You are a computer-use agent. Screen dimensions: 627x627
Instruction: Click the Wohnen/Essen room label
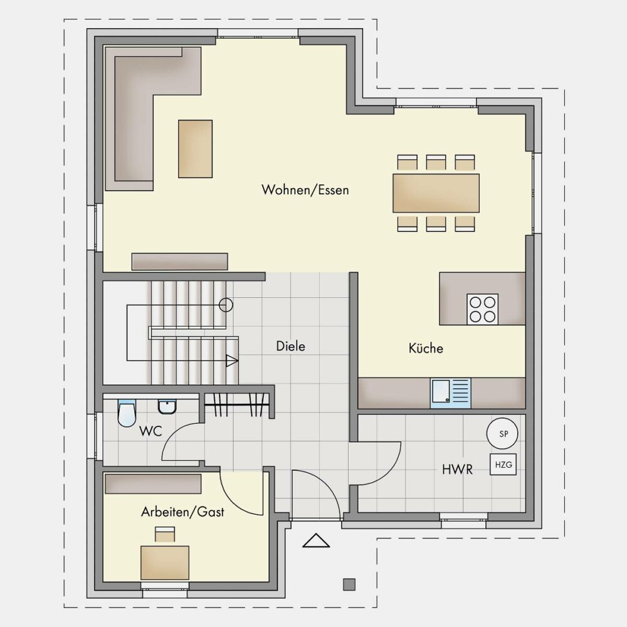305,189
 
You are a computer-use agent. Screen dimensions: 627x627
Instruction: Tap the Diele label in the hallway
291,346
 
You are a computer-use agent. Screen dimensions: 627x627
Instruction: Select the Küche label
426,348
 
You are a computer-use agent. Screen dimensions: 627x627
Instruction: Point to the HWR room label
457,469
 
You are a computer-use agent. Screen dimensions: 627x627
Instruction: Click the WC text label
150,431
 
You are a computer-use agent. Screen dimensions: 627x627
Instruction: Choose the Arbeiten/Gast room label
182,512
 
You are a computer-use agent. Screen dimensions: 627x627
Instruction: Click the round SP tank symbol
502,433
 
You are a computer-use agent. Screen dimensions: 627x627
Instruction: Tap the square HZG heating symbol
503,465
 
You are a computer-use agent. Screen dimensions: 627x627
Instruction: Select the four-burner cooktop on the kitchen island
483,309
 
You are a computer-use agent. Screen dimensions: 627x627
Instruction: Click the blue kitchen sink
451,393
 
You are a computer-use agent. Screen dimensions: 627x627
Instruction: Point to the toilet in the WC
127,413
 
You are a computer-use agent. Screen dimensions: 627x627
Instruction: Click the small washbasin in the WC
167,407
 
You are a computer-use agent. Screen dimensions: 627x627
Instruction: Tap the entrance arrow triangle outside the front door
316,540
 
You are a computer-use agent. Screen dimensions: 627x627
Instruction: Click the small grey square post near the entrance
349,584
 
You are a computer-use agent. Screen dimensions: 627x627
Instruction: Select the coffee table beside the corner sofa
195,149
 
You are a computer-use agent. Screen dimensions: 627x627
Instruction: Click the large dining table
436,193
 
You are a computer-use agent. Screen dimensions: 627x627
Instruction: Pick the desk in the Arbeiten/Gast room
165,562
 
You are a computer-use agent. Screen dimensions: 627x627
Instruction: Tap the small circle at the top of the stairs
226,305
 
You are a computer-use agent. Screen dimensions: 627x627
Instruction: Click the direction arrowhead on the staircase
232,361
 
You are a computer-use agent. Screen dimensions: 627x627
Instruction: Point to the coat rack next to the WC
236,404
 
